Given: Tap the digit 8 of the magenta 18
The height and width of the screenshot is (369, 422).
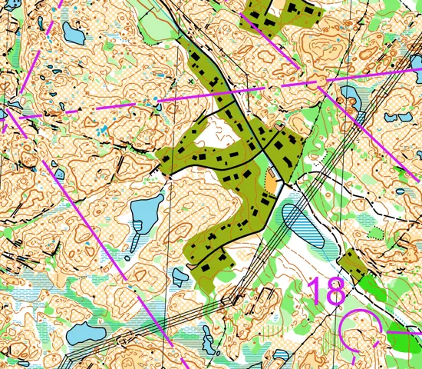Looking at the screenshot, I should [x=334, y=292].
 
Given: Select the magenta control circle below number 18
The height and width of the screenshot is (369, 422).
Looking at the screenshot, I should [x=360, y=331].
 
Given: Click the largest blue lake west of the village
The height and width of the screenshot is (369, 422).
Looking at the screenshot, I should [x=145, y=212].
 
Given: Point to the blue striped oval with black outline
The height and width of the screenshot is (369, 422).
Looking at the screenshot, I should [x=307, y=224].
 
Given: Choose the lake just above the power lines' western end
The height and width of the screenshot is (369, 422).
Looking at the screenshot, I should [x=80, y=334].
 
